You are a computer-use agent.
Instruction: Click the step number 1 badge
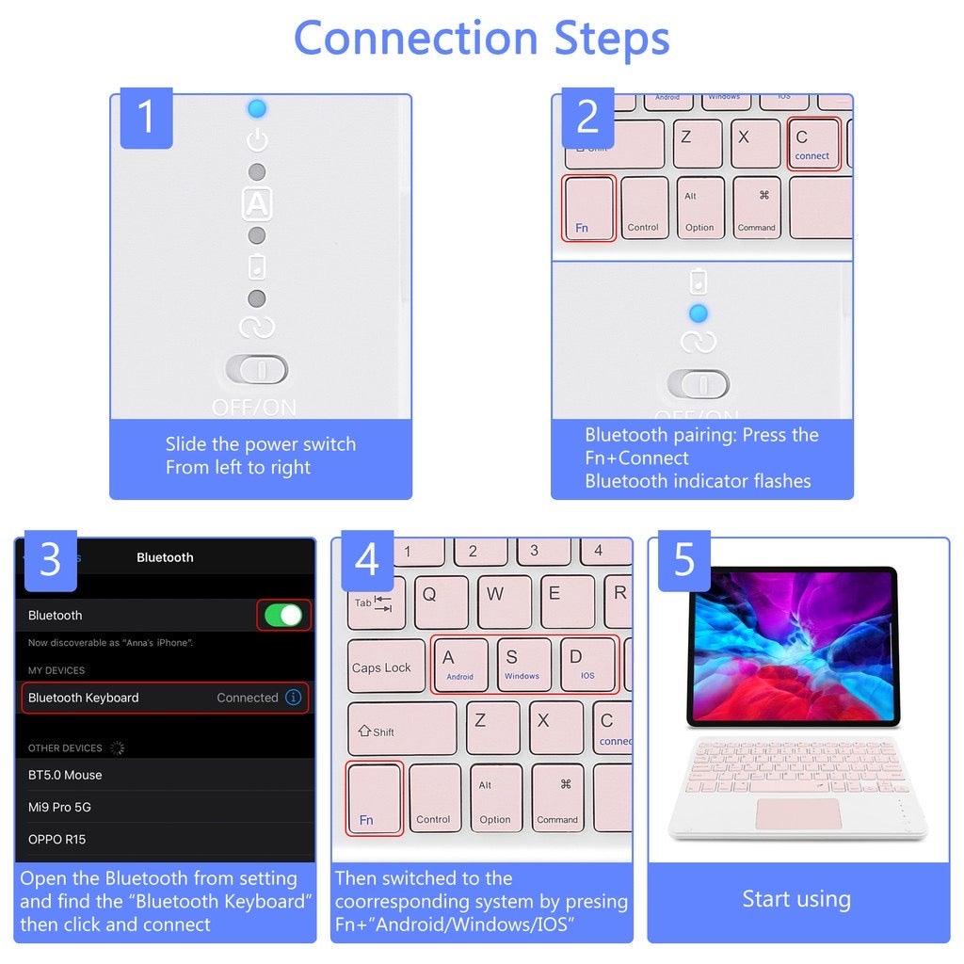coord(146,118)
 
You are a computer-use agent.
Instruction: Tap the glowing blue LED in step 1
coord(257,108)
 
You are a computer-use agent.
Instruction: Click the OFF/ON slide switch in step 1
coord(257,370)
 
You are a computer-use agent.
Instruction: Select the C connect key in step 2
coord(811,144)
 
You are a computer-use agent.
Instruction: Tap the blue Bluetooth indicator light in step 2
coord(698,313)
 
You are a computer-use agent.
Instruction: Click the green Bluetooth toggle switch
coord(283,616)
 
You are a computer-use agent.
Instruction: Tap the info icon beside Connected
coord(294,698)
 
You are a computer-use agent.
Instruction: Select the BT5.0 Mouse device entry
coord(66,775)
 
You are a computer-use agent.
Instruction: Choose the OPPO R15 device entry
coord(57,839)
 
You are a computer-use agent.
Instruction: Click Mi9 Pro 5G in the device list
coord(60,807)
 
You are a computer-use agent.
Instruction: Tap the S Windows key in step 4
coord(522,664)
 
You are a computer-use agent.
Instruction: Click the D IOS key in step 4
coord(586,664)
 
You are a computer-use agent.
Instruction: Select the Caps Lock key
coord(381,667)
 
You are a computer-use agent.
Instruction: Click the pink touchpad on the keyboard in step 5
coord(796,813)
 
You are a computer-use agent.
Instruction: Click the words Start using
coord(796,899)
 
